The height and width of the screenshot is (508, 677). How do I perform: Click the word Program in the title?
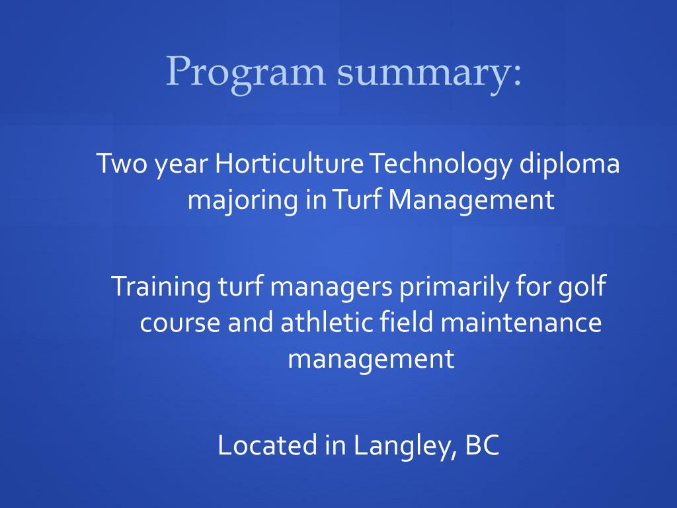point(245,72)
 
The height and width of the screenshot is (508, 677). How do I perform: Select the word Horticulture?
point(289,164)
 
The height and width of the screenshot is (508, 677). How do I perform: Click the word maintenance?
point(521,322)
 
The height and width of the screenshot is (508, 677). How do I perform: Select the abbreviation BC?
point(482,445)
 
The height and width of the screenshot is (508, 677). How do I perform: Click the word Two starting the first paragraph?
point(122,164)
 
